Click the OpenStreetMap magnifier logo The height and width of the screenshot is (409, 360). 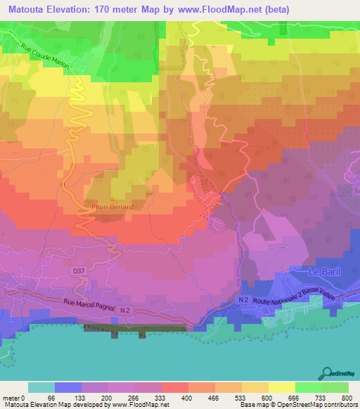[x=328, y=374]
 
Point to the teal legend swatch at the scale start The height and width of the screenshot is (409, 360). [x=41, y=387]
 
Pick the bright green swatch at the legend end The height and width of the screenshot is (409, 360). [x=335, y=387]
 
